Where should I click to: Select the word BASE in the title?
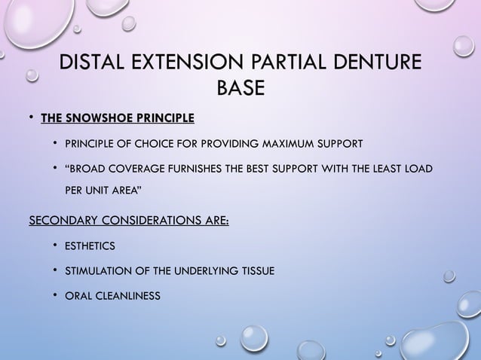point(240,89)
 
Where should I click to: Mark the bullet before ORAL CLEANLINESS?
point(56,295)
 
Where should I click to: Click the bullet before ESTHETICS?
point(56,246)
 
